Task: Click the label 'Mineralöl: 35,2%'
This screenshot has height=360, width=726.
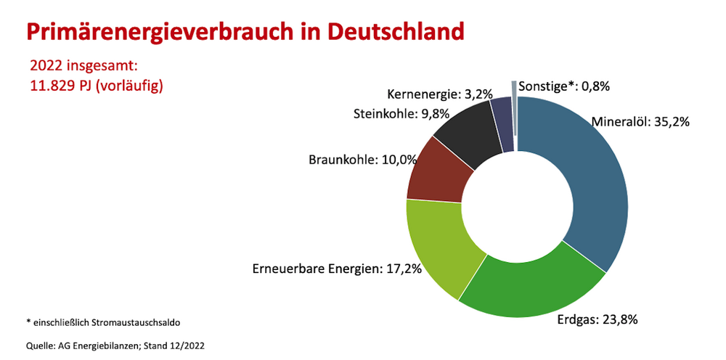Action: point(640,121)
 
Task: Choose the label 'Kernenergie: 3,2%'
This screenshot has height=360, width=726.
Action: point(440,94)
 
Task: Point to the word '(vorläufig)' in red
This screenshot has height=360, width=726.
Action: point(131,86)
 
